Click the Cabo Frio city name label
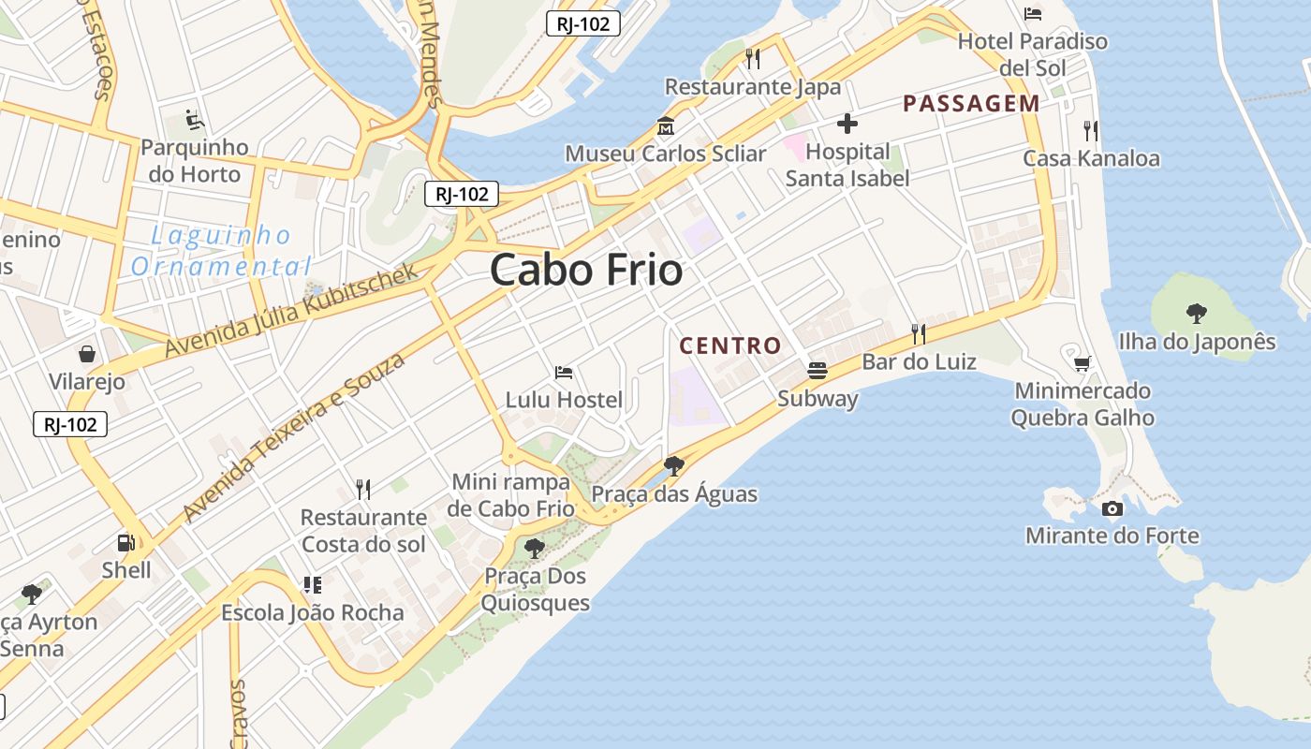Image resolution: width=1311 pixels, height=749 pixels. (586, 271)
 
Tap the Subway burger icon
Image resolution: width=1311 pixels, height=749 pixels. (817, 371)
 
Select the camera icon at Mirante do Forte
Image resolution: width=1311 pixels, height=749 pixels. (1112, 509)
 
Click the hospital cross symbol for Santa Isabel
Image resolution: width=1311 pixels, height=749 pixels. (847, 124)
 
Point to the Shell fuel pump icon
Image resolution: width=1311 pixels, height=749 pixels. (125, 543)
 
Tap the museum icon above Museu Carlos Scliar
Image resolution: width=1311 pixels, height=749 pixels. (666, 125)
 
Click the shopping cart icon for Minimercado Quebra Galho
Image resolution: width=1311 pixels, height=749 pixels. (1082, 363)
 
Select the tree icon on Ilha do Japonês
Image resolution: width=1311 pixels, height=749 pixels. (1196, 313)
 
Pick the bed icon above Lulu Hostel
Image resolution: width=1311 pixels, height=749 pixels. (564, 373)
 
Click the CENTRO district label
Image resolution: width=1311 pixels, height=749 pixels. (730, 345)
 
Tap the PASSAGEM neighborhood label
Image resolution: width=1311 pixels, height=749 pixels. (971, 104)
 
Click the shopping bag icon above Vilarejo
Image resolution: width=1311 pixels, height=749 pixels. (87, 354)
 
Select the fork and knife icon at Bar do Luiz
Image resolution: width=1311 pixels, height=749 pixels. (919, 333)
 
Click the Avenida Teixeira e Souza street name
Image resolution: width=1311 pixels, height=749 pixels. (294, 437)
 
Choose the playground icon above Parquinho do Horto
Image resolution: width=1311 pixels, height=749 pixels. (195, 120)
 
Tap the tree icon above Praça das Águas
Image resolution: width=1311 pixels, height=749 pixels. (673, 465)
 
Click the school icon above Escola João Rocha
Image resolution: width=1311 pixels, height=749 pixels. (313, 586)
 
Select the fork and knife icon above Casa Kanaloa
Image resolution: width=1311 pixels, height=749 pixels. (1090, 130)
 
